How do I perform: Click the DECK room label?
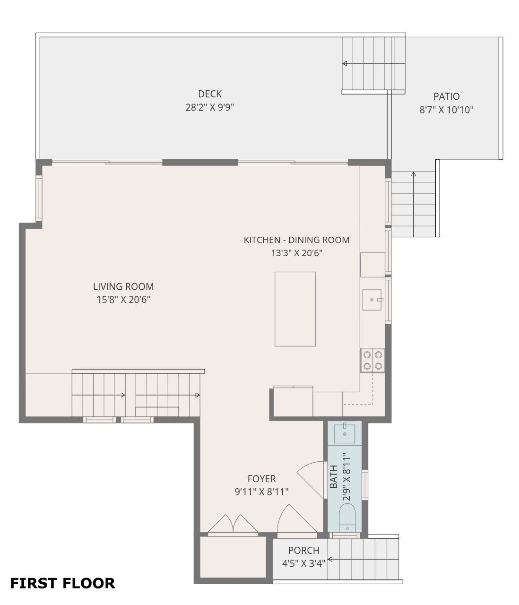(x=209, y=94)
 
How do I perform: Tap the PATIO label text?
(x=446, y=96)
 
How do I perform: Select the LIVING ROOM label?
(x=123, y=286)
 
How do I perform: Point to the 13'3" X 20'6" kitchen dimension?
(x=296, y=252)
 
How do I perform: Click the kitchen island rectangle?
(x=295, y=309)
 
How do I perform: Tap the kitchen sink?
(x=372, y=300)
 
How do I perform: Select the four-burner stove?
(x=372, y=361)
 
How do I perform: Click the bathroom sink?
(x=344, y=434)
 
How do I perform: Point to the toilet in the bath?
(x=347, y=518)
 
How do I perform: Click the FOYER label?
(x=261, y=479)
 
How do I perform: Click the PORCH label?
(x=303, y=550)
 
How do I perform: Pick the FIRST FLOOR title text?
(x=62, y=583)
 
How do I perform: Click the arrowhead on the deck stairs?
(x=345, y=63)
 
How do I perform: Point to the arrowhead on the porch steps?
(x=329, y=559)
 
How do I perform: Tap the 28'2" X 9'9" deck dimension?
(x=209, y=107)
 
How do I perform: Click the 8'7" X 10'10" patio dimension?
(x=446, y=110)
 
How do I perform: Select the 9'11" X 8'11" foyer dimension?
(x=261, y=492)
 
